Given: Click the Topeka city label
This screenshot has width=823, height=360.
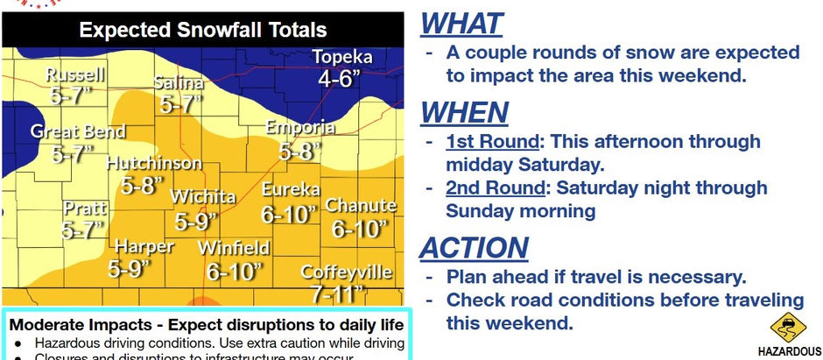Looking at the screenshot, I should [x=343, y=58].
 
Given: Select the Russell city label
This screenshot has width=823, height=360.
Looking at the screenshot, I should [x=75, y=74].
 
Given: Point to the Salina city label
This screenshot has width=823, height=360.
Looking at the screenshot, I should [x=179, y=83].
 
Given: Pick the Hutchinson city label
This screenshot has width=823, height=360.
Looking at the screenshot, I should [x=154, y=164].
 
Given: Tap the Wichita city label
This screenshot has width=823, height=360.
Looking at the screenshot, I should [x=203, y=195].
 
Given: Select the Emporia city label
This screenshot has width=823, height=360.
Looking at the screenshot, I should [x=301, y=129].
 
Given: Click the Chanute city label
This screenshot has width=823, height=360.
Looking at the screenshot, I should [x=361, y=207].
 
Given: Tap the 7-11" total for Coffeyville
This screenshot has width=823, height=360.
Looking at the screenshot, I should [x=334, y=293].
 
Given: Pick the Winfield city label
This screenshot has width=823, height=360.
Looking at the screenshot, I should [x=233, y=248].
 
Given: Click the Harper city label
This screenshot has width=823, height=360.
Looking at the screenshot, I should [x=144, y=246].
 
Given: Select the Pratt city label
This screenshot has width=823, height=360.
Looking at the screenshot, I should [x=85, y=208].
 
